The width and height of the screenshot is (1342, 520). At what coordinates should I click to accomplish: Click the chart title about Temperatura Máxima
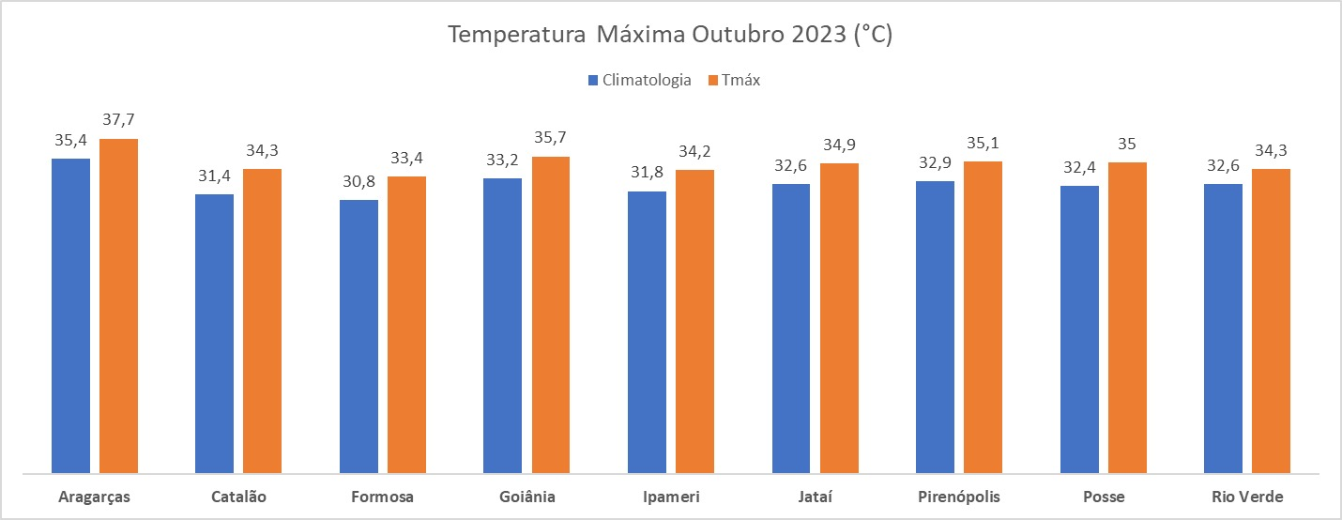click(x=670, y=36)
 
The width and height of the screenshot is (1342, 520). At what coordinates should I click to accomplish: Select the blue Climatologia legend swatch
click(x=593, y=81)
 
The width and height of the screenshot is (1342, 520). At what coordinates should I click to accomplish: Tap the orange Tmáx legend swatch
click(x=713, y=81)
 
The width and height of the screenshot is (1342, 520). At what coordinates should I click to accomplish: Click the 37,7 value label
click(x=119, y=121)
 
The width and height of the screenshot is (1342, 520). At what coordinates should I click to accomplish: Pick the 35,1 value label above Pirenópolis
click(x=983, y=144)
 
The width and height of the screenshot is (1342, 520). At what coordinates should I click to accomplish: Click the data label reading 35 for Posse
click(x=1127, y=145)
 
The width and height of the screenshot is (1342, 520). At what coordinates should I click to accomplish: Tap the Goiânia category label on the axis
click(x=526, y=497)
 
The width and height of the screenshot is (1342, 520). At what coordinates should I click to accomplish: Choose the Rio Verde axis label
click(x=1246, y=497)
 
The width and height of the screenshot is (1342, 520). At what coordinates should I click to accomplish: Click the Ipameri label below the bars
click(x=670, y=497)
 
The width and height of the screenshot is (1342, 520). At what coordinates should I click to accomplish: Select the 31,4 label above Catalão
click(x=214, y=176)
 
